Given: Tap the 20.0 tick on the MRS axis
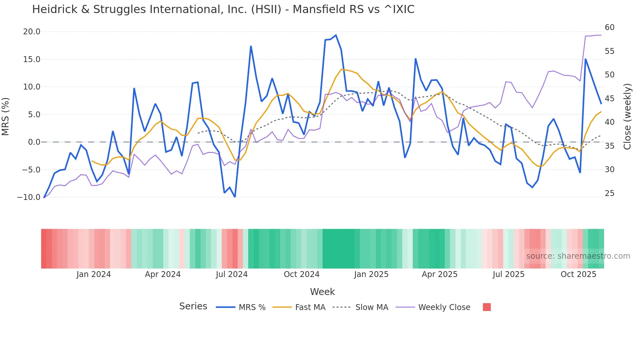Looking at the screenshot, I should point(32,32).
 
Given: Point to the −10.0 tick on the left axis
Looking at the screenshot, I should point(29,197).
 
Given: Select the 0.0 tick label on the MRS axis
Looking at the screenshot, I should point(34,142).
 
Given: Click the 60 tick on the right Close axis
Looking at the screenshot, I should point(609,27).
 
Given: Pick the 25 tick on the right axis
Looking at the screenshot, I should point(609,193).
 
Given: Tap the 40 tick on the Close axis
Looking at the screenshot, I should point(609,122).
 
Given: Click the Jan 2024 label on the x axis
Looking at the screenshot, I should point(94,274).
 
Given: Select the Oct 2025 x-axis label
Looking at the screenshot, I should point(578,274).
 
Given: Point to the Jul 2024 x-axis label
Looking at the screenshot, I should point(232,274).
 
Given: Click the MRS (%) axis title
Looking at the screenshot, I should point(5,116).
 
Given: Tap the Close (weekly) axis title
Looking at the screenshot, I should point(627,116).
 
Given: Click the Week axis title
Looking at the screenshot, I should point(322,292).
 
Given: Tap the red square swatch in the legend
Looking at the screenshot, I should point(487,307).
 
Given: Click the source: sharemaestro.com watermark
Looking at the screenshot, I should point(578,256).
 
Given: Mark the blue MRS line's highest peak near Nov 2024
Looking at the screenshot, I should point(336,35).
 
